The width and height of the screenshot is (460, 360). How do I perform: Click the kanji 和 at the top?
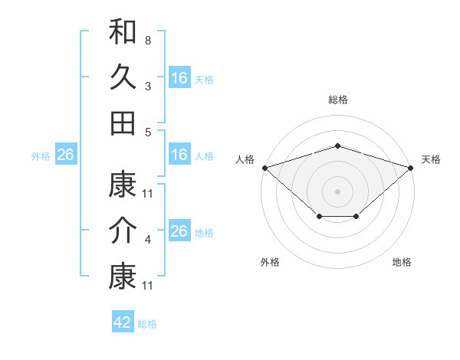123,32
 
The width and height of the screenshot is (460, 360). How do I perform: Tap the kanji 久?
123,77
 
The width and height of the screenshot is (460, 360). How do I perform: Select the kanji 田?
123,123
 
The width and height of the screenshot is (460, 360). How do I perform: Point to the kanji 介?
123,231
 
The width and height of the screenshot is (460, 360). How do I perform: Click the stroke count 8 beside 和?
147,39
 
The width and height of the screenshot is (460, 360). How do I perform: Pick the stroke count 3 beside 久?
147,87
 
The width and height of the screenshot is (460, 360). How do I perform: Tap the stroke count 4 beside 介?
147,240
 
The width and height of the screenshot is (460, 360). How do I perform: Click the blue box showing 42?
123,322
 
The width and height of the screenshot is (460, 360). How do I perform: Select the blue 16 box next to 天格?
179,78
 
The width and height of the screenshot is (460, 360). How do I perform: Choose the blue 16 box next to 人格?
179,155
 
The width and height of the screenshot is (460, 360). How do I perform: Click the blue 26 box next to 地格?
179,231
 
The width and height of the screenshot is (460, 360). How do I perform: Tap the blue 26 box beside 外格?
65,155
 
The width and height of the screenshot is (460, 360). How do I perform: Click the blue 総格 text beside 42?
147,324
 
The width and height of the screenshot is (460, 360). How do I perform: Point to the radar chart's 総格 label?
337,100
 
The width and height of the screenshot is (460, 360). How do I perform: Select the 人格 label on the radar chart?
245,159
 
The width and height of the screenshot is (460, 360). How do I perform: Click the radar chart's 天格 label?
431,159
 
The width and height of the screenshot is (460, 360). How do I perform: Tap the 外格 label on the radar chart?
270,262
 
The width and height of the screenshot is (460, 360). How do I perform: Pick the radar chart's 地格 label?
402,262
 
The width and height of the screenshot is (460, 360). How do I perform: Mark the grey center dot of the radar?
337,191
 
